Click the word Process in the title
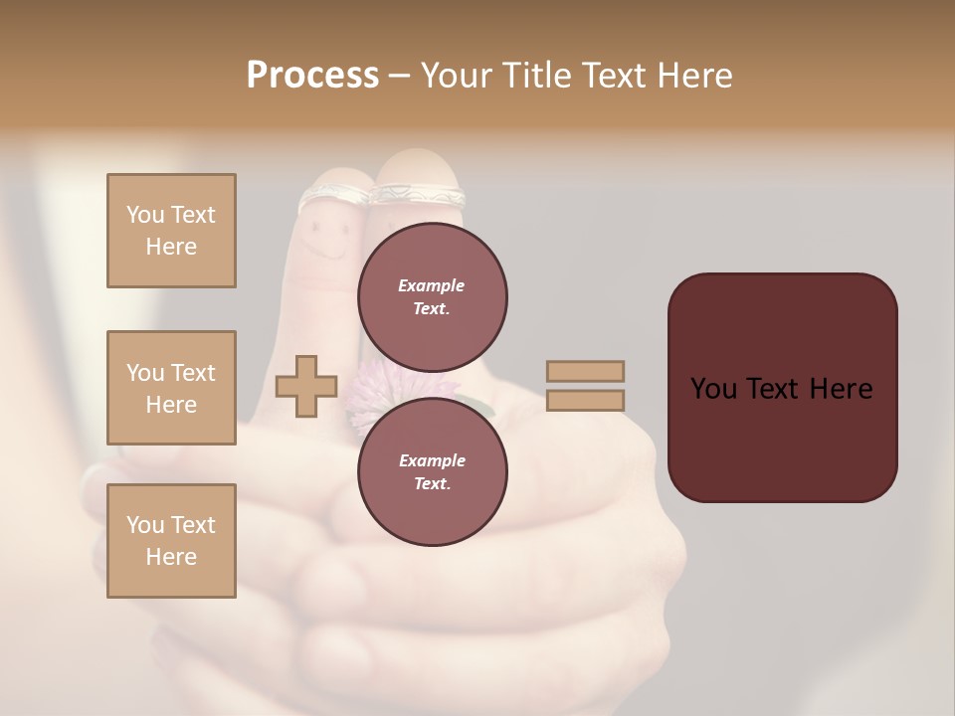pyautogui.click(x=312, y=76)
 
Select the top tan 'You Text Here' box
pyautogui.click(x=171, y=231)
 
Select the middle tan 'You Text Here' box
pyautogui.click(x=171, y=388)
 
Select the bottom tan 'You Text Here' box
pyautogui.click(x=171, y=541)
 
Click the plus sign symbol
pyautogui.click(x=306, y=387)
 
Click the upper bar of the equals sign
pyautogui.click(x=585, y=371)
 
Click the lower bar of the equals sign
pyautogui.click(x=585, y=401)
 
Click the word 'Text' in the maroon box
pyautogui.click(x=782, y=389)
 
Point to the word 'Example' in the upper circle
pyautogui.click(x=432, y=285)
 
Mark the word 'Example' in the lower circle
pyautogui.click(x=432, y=460)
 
